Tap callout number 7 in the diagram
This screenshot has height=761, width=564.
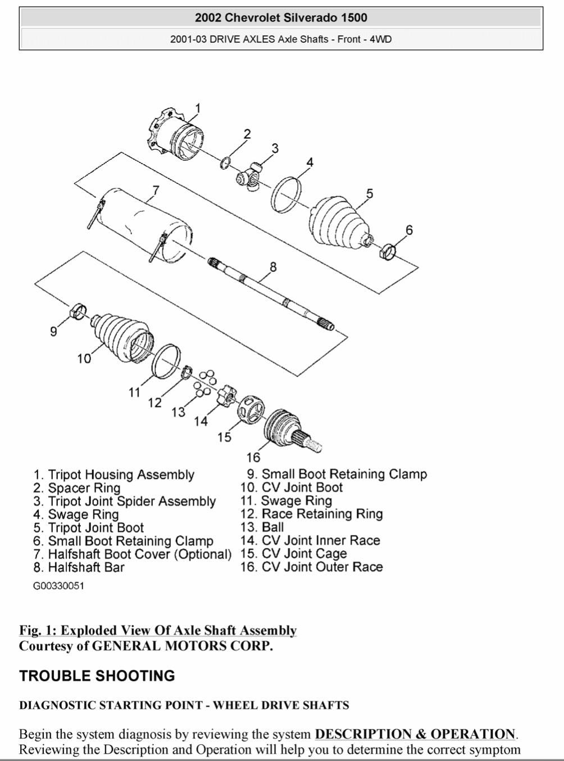tap(156, 190)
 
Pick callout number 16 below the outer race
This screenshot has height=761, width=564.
tap(253, 457)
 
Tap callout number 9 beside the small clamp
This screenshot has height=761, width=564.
tap(53, 331)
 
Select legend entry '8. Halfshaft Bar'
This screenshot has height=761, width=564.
tap(79, 568)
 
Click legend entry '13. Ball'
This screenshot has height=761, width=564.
tap(262, 527)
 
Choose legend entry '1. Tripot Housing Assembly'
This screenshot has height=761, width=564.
tap(114, 475)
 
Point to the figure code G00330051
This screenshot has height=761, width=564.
tap(58, 586)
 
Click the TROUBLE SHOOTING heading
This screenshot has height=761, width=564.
tap(97, 676)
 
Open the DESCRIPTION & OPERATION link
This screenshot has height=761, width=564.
tap(415, 734)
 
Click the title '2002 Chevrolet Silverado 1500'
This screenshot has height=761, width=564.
tap(281, 18)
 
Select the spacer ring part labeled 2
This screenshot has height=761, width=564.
tap(225, 163)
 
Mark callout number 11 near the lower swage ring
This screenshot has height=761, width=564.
tap(134, 392)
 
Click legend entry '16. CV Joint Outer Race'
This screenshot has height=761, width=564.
tap(312, 567)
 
